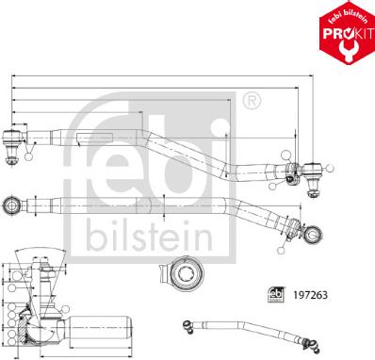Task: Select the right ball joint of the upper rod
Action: [315, 171]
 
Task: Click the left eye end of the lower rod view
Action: [12, 204]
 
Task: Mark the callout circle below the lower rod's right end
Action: [281, 250]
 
